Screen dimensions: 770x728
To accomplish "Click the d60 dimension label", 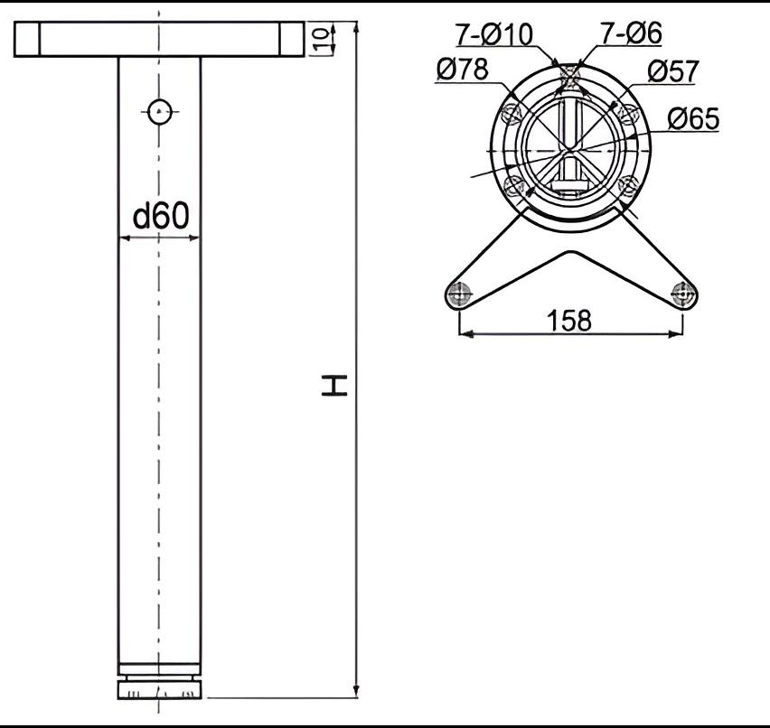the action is pyautogui.click(x=161, y=216).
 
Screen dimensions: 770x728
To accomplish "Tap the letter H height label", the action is pyautogui.click(x=334, y=385).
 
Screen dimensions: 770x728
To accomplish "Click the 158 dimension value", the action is pyautogui.click(x=569, y=320).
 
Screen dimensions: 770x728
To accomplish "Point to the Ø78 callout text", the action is pyautogui.click(x=463, y=69).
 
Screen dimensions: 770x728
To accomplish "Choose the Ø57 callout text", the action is pyautogui.click(x=672, y=71).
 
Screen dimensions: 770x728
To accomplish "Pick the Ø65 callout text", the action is pyautogui.click(x=693, y=118).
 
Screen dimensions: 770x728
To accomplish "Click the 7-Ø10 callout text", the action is pyautogui.click(x=494, y=34).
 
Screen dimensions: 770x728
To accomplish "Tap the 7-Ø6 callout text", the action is pyautogui.click(x=631, y=33).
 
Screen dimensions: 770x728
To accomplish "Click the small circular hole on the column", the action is pyautogui.click(x=160, y=112).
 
